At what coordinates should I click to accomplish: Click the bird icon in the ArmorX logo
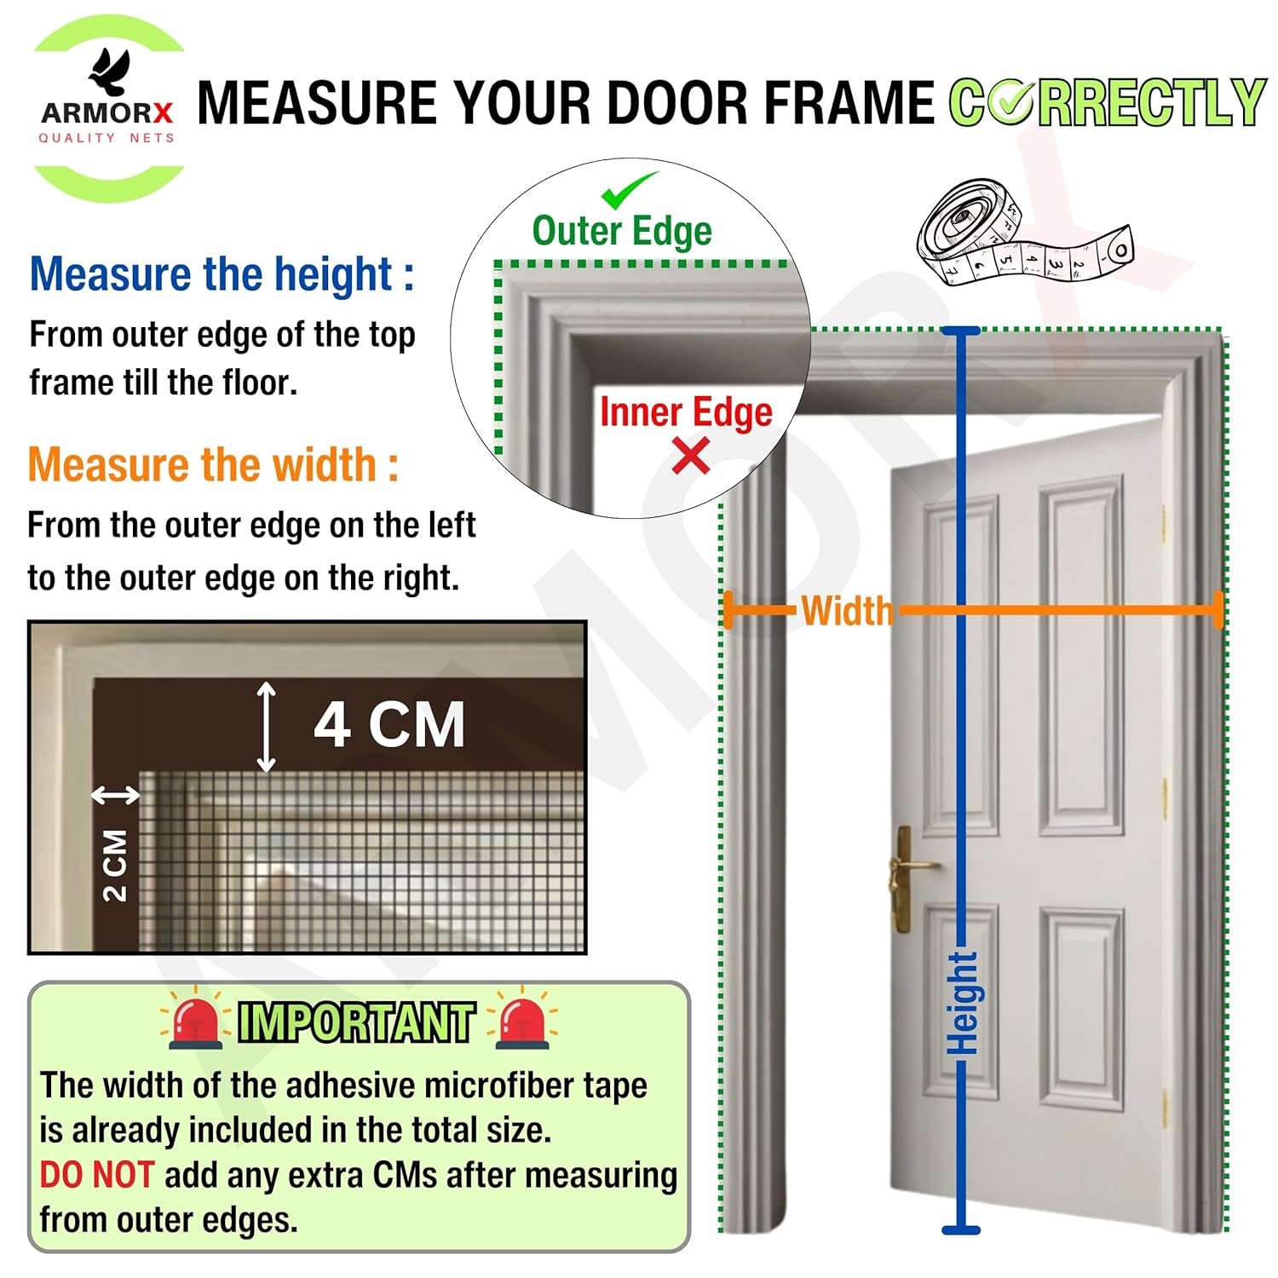tap(110, 72)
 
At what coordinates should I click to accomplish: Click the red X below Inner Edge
tap(691, 456)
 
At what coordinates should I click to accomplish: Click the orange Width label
tap(847, 611)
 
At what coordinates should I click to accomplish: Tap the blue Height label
tap(964, 1003)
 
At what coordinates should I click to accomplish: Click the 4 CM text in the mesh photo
tap(389, 725)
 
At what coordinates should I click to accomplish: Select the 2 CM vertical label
tap(115, 866)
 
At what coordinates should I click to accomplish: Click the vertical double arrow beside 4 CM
tap(267, 727)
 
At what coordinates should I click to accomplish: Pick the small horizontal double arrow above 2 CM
tap(116, 796)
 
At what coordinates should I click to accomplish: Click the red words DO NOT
tap(96, 1175)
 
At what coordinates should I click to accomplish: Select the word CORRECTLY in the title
tap(1108, 102)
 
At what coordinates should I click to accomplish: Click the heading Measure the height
tap(222, 274)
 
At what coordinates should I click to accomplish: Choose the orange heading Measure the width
tap(213, 465)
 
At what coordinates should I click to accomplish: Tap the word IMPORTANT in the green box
tap(356, 1022)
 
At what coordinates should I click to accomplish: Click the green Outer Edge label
tap(622, 231)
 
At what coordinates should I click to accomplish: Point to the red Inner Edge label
tap(686, 412)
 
